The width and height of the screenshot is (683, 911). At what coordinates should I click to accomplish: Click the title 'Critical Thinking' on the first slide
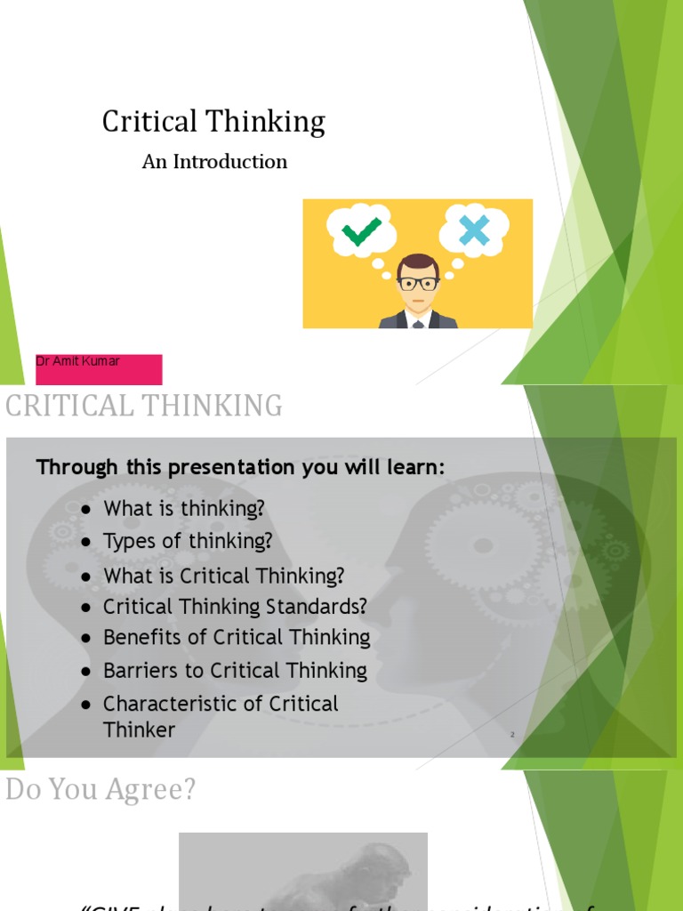[x=213, y=122]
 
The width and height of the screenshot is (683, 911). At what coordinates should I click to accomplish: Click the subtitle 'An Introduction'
[x=214, y=162]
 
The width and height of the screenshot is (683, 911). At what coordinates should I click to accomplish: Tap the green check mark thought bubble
[x=361, y=230]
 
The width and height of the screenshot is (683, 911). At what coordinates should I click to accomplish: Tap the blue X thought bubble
[x=474, y=230]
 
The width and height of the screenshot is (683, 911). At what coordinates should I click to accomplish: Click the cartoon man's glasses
[x=418, y=284]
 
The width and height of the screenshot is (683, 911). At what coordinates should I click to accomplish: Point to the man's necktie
[x=418, y=324]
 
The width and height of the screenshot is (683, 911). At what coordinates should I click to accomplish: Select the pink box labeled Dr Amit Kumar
[x=99, y=369]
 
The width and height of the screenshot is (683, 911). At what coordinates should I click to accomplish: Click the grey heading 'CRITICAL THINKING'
[x=144, y=407]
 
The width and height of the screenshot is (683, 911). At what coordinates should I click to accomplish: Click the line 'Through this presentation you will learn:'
[x=240, y=468]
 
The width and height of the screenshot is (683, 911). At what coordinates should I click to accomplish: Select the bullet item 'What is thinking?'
[x=184, y=509]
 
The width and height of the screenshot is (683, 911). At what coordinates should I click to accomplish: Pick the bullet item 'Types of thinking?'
[x=188, y=542]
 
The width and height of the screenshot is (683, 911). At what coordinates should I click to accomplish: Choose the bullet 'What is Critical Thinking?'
[x=223, y=576]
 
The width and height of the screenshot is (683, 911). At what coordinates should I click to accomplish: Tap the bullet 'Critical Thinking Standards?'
[x=235, y=608]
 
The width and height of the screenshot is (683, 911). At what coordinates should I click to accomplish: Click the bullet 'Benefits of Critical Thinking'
[x=237, y=638]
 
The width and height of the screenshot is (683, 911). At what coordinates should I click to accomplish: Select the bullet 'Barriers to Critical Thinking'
[x=235, y=671]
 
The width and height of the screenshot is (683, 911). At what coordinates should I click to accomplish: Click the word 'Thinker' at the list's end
[x=139, y=730]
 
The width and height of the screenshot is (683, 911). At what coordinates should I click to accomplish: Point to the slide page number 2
[x=513, y=735]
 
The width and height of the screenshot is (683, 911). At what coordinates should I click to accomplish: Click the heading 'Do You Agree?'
[x=100, y=790]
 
